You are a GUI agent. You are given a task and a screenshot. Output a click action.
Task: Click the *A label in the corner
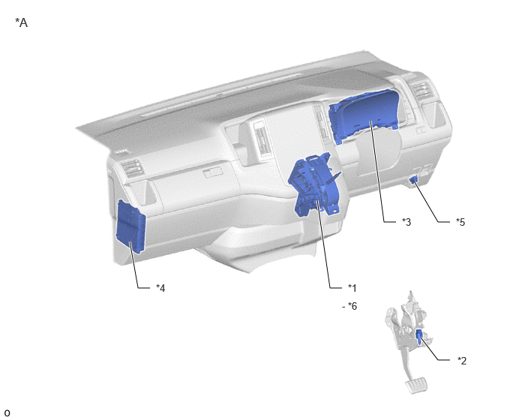[22, 22]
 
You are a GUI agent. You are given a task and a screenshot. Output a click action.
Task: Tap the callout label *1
[352, 288]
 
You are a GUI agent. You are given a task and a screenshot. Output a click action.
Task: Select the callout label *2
[462, 361]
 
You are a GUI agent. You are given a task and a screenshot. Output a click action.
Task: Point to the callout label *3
[406, 222]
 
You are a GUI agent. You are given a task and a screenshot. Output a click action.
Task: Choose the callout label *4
[160, 288]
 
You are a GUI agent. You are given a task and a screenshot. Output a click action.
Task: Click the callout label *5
[460, 222]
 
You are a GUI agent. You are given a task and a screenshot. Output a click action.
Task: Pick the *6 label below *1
[352, 306]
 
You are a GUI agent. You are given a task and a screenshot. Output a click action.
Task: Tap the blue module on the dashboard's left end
[130, 226]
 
